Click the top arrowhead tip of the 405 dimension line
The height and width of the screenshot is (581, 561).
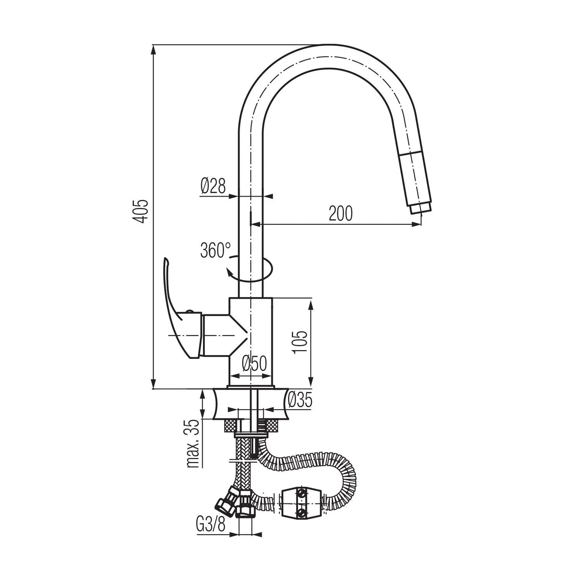coord(154,45)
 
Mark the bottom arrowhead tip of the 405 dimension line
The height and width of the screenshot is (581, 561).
coord(154,388)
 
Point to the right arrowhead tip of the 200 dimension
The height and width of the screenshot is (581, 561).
coord(421,224)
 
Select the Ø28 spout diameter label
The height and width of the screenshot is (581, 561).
coord(213,186)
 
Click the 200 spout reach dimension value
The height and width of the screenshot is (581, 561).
coord(341,213)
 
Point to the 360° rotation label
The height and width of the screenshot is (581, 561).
coord(215,250)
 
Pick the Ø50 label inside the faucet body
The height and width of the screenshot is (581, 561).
coord(255,363)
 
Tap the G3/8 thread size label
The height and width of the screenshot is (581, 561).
coord(211,525)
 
